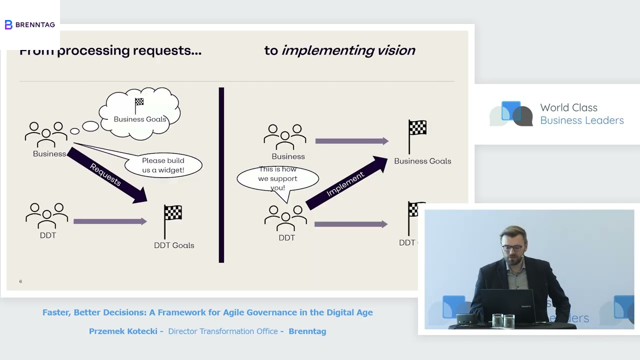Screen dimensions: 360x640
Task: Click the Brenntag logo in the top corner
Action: click(29, 24)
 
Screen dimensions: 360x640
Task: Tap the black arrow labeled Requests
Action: click(106, 175)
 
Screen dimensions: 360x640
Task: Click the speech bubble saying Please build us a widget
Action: click(163, 165)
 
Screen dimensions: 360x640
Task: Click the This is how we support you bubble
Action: click(277, 178)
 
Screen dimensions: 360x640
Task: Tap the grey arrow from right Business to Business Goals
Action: click(351, 141)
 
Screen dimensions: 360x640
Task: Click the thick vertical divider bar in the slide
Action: click(221, 175)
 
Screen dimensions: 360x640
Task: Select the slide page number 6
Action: click(20, 281)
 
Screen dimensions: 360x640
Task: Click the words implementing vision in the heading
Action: click(348, 50)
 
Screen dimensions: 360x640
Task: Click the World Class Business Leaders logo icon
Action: click(511, 114)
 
